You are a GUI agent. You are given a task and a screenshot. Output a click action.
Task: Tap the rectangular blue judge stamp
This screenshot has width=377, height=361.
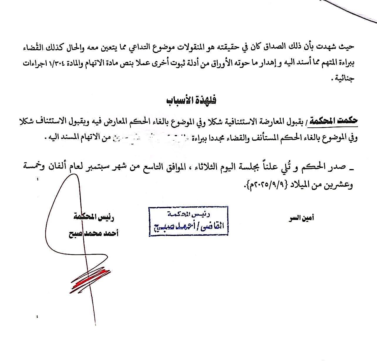(188, 222)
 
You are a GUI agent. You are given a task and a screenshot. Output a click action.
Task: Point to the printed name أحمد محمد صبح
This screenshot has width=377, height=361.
(93, 234)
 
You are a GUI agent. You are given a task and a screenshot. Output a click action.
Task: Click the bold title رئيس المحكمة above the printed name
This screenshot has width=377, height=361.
(94, 217)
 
